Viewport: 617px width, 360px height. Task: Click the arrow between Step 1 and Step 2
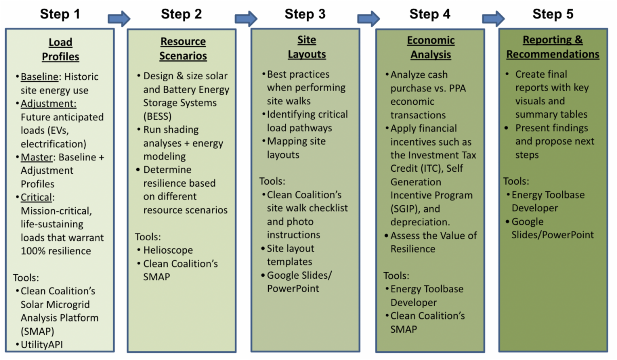click(x=119, y=19)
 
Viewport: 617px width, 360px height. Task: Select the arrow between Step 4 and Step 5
click(x=493, y=19)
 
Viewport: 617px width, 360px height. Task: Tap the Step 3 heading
click(x=305, y=14)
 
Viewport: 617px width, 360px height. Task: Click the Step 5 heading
click(x=553, y=14)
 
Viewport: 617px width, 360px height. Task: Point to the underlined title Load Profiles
click(x=61, y=49)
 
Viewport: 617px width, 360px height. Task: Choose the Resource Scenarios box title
click(x=183, y=49)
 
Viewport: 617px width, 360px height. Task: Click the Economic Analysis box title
click(x=431, y=47)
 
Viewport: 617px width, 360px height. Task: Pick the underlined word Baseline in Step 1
click(x=40, y=77)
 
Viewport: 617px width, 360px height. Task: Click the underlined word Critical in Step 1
click(x=38, y=197)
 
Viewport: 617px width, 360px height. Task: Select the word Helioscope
click(x=168, y=250)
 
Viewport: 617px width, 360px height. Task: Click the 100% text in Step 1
click(x=34, y=251)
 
